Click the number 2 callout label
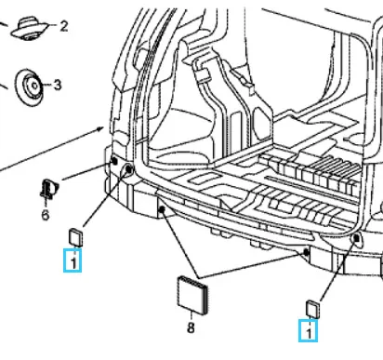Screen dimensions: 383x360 [x=64, y=26]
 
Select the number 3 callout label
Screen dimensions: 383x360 [x=58, y=85]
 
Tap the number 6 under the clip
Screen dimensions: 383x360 [x=46, y=215]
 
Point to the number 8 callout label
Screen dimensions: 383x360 [x=191, y=327]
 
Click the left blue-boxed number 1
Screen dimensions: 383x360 [x=73, y=260]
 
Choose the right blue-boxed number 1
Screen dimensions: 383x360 [x=308, y=331]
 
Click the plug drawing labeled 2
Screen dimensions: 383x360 [x=30, y=29]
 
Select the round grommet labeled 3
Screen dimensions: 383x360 [x=29, y=87]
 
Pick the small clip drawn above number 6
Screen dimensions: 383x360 [x=48, y=189]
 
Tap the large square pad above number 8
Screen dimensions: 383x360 [x=192, y=295]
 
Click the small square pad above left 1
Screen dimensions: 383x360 [x=75, y=237]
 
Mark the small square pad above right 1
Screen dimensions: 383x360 [x=312, y=309]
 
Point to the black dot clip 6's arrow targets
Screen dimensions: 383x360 [x=114, y=161]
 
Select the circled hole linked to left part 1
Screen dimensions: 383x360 [x=128, y=169]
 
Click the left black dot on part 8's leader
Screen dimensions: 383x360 [x=161, y=210]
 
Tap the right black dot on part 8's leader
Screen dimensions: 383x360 [x=306, y=252]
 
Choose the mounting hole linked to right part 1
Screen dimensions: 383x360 [x=356, y=238]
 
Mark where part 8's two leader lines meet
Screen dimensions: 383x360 [x=199, y=277]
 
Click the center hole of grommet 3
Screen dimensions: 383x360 [x=34, y=86]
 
